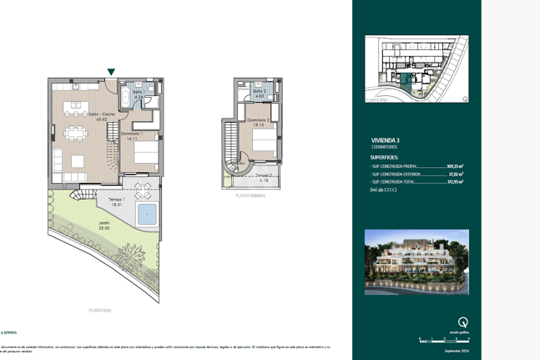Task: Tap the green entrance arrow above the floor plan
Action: pos(111,74)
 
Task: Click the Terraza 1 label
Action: pos(116,201)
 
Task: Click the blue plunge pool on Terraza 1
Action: pos(148,214)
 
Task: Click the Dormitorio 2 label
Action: pos(259,122)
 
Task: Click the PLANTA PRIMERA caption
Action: pos(250,195)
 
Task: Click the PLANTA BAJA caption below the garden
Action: pos(100,310)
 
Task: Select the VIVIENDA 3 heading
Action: pos(386,139)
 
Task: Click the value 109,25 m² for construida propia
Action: pos(455,166)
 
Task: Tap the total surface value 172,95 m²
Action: pos(455,181)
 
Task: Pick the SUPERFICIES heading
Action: pos(384,157)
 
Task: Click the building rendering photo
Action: pos(416,261)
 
